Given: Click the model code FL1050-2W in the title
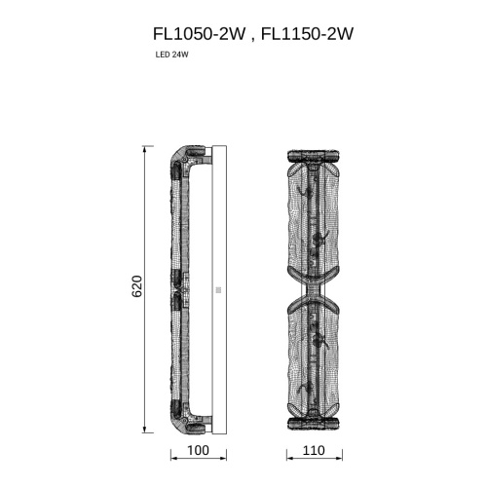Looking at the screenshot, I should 197,33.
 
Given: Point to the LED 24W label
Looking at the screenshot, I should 171,55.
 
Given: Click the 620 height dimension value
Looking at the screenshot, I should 137,287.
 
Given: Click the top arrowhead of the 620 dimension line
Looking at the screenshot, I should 145,149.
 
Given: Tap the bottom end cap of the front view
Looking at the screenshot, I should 312,425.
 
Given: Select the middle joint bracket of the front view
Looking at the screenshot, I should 312,289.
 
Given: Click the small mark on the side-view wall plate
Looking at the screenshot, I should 218,289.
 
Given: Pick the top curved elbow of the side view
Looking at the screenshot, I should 180,159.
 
